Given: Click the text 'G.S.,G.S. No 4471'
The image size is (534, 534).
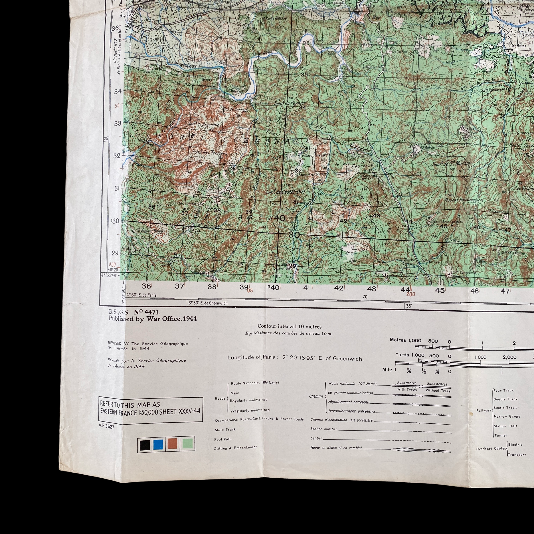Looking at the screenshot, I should click(x=134, y=312).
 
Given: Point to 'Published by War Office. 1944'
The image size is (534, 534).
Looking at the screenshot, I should click(x=153, y=319).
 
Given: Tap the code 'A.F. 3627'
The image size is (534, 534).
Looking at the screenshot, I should click(x=106, y=427).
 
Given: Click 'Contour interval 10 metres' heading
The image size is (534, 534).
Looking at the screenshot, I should click(x=289, y=326).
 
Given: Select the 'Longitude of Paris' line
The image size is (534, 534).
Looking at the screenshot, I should click(x=295, y=358).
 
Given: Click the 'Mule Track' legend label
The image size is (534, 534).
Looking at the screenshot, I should click(x=225, y=429).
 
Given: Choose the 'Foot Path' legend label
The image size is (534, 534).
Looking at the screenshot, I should click(x=223, y=439).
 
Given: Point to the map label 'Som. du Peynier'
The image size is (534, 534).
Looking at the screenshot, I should click(x=290, y=103).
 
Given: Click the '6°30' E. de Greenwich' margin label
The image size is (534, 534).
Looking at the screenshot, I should click(x=208, y=303).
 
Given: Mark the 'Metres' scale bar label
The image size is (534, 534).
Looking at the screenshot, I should click(x=398, y=340).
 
